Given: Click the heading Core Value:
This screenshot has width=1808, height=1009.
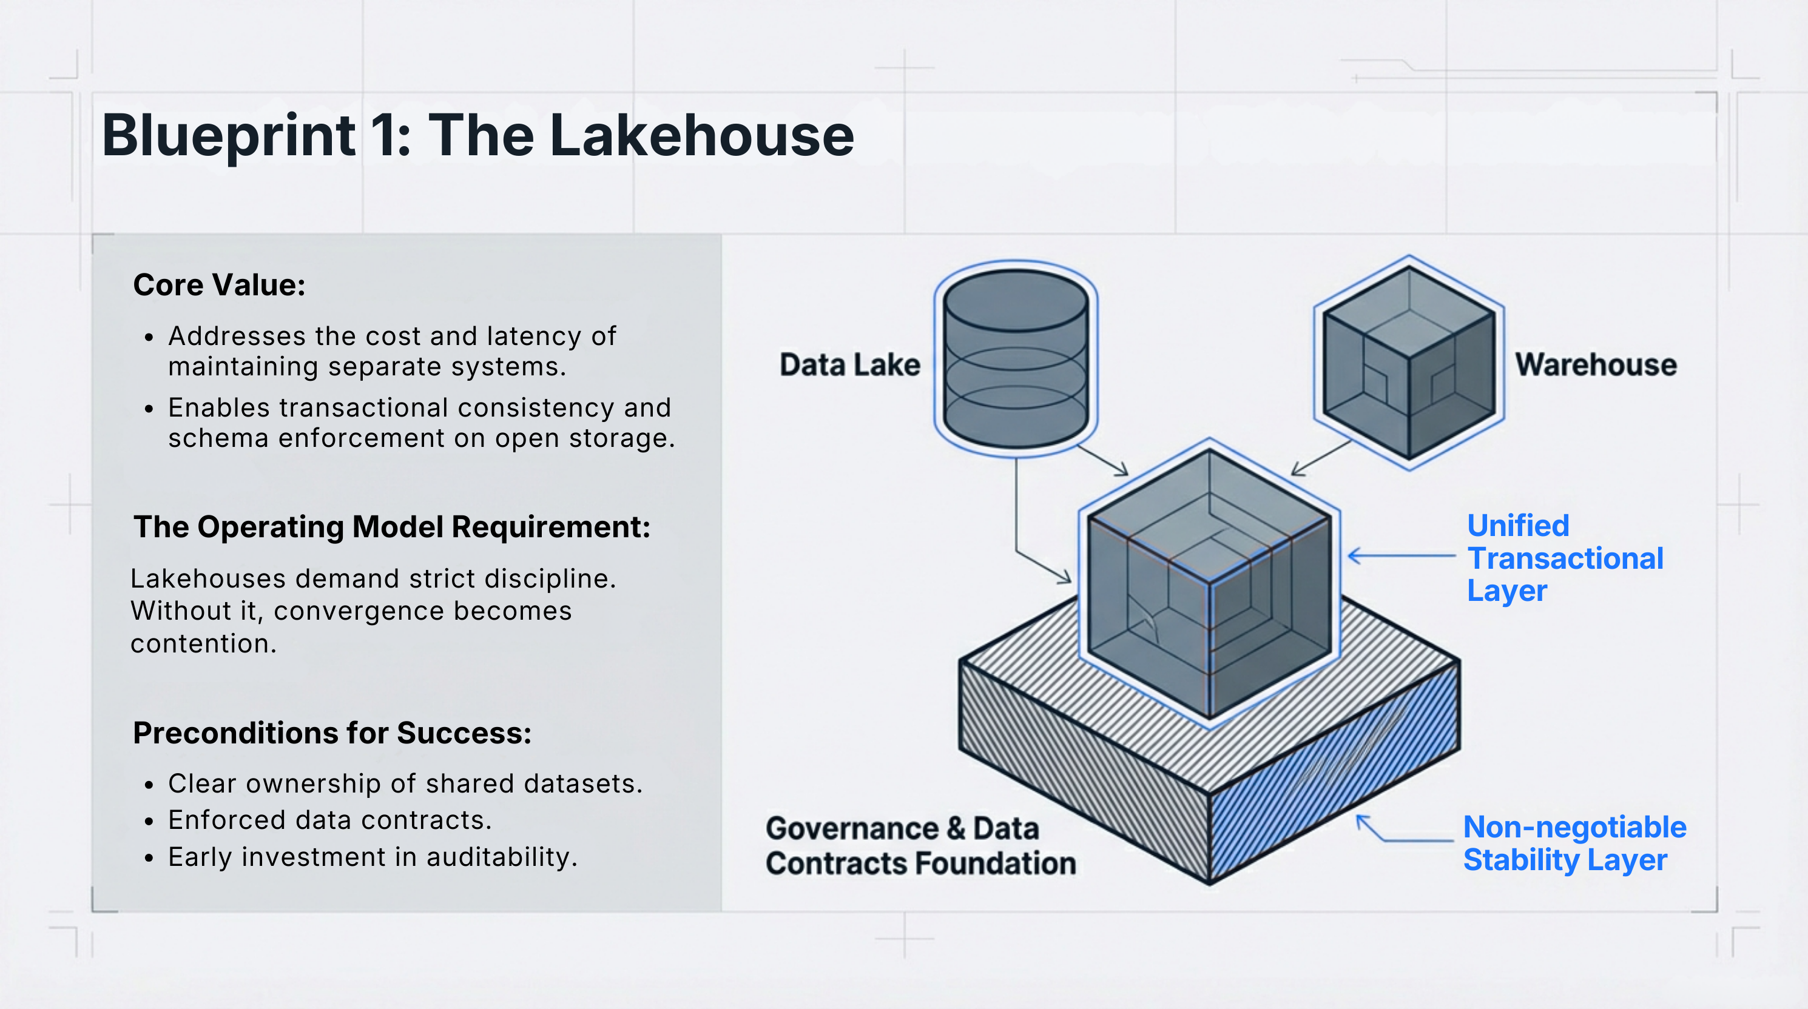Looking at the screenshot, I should click(x=219, y=285).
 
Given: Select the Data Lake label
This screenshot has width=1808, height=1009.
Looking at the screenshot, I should click(x=849, y=365).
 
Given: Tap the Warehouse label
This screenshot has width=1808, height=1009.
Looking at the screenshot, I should click(x=1595, y=365).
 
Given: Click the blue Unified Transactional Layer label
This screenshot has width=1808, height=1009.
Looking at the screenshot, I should click(x=1565, y=558).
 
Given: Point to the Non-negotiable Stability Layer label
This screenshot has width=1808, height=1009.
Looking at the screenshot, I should click(x=1574, y=843).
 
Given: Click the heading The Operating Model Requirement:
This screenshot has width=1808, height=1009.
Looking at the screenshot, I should click(x=392, y=527).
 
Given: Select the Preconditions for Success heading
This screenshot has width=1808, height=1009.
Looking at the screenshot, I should click(x=332, y=732).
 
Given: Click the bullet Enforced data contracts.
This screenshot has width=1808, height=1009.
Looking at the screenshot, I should click(x=330, y=820).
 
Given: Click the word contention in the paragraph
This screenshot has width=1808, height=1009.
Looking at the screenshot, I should click(x=203, y=643).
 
